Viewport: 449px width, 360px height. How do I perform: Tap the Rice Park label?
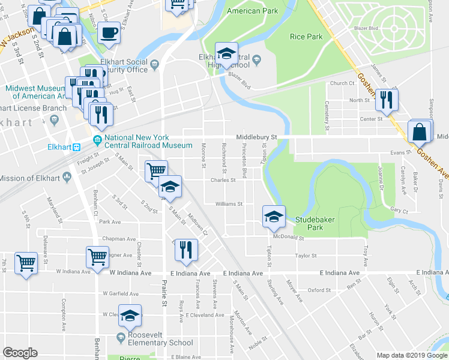pyautogui.click(x=306, y=37)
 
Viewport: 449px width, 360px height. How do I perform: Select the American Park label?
pyautogui.click(x=252, y=11)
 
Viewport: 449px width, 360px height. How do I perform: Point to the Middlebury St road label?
pyautogui.click(x=256, y=137)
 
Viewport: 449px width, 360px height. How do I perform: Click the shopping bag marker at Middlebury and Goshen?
pyautogui.click(x=420, y=132)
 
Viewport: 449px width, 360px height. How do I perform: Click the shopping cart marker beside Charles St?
pyautogui.click(x=155, y=171)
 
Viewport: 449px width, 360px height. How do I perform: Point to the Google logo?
pyautogui.click(x=20, y=353)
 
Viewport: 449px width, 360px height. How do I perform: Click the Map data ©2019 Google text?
pyautogui.click(x=412, y=355)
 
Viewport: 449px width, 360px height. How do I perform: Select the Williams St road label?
pyautogui.click(x=229, y=204)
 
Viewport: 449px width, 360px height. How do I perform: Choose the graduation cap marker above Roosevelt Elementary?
pyautogui.click(x=130, y=315)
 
